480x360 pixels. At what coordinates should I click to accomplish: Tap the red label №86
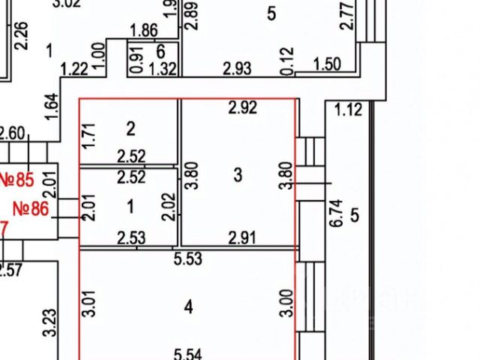pyautogui.click(x=30, y=208)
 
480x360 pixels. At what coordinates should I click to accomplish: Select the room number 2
pyautogui.click(x=130, y=129)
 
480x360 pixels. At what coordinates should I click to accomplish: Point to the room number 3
pyautogui.click(x=238, y=175)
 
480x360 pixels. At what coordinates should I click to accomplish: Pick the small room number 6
pyautogui.click(x=160, y=51)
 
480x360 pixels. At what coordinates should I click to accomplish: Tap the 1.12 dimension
pyautogui.click(x=348, y=110)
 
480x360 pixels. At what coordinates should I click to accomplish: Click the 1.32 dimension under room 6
pyautogui.click(x=163, y=69)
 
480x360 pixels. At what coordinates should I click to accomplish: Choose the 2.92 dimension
pyautogui.click(x=242, y=108)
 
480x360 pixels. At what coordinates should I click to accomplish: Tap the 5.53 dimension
pyautogui.click(x=188, y=259)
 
